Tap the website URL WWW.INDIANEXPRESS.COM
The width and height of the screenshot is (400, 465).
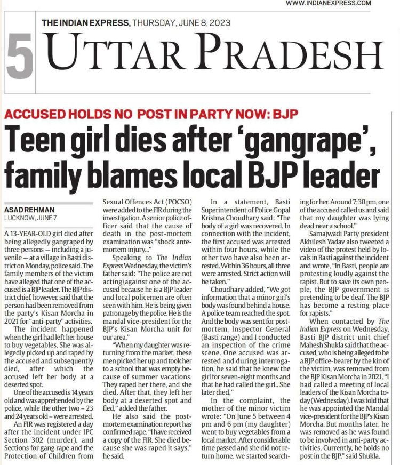pyautogui.click(x=328, y=3)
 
